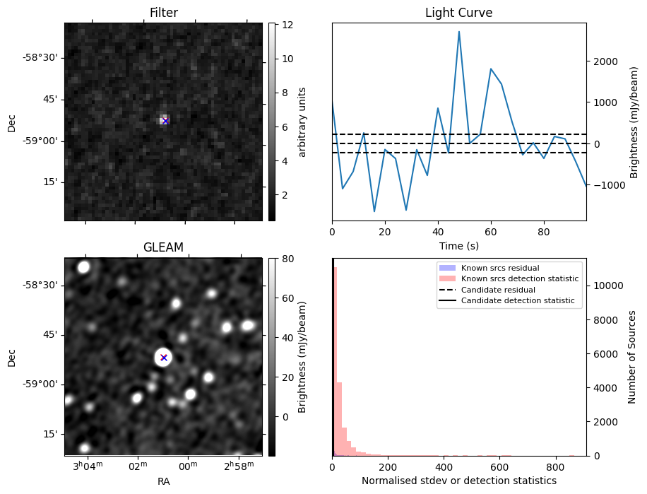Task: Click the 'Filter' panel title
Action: click(163, 13)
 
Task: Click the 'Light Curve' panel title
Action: click(458, 13)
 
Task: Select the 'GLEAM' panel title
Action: click(163, 247)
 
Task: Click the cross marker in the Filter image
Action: click(165, 121)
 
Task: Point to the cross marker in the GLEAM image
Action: click(164, 357)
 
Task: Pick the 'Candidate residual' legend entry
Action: click(494, 290)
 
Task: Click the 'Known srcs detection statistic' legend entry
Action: click(519, 279)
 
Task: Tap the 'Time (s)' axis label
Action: click(458, 245)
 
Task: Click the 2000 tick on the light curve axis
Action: click(605, 61)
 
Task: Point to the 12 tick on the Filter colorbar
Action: click(286, 25)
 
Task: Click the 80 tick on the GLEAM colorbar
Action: click(287, 259)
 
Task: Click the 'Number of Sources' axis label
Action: click(633, 357)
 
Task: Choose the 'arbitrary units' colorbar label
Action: click(302, 122)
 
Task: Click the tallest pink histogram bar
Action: click(336, 360)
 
